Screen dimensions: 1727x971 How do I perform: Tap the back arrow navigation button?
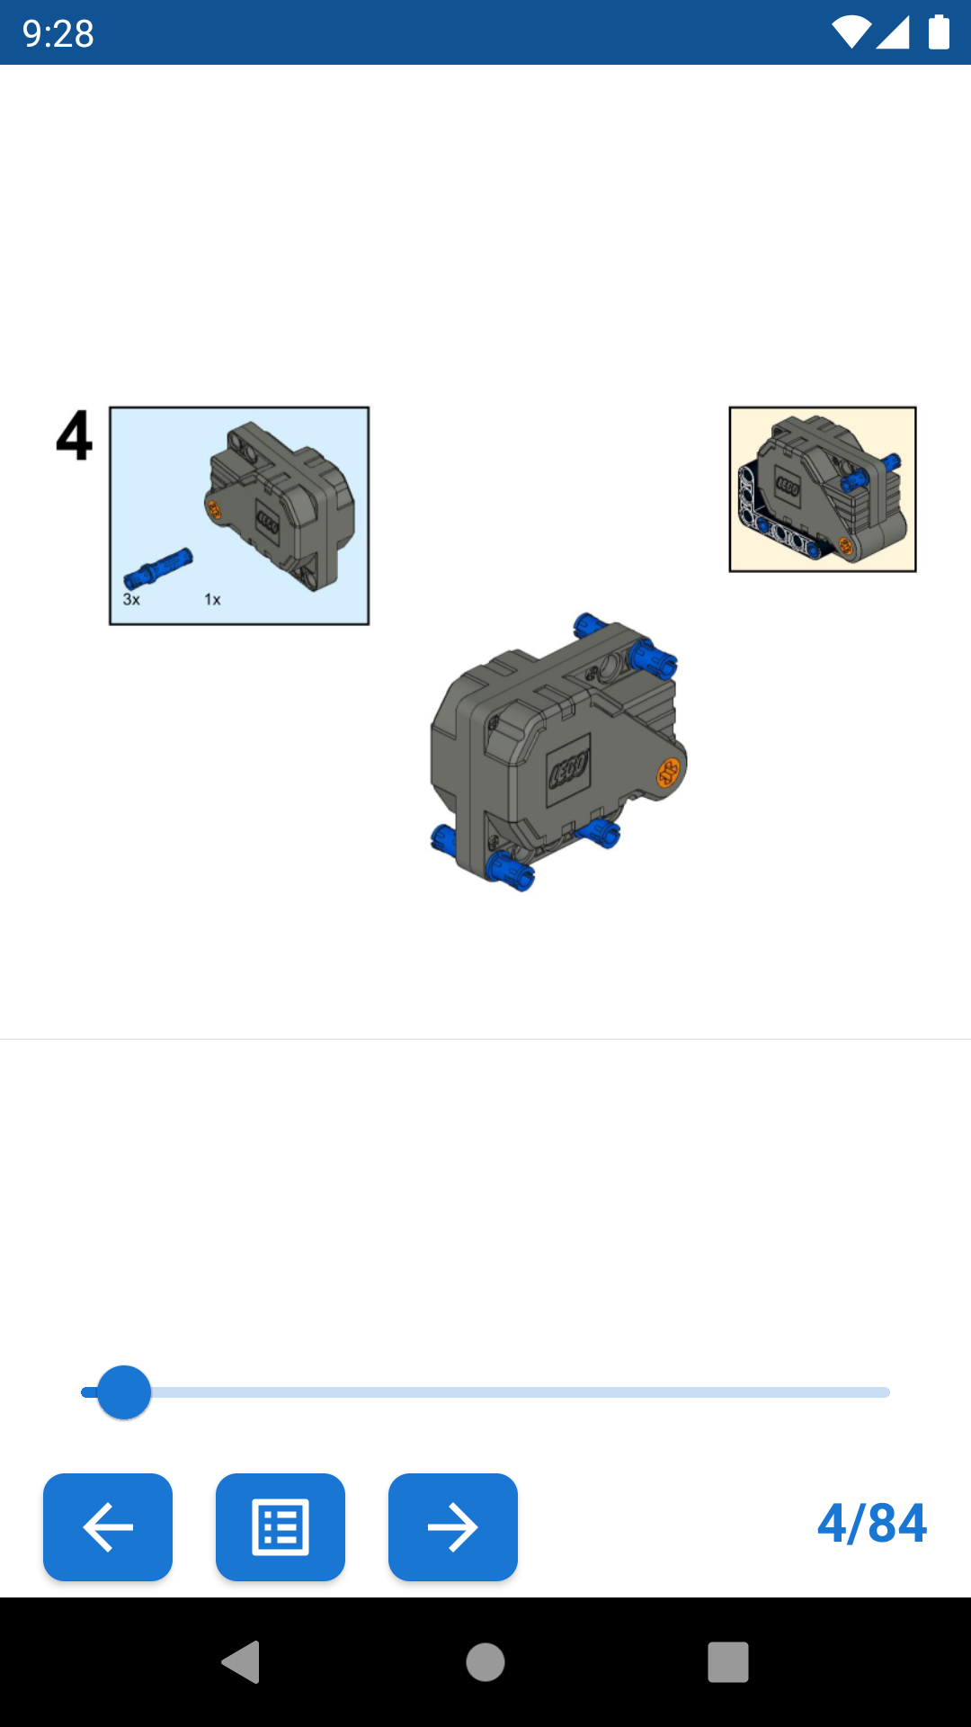click(108, 1526)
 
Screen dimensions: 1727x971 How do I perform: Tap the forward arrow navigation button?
click(452, 1526)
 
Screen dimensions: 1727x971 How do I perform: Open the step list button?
click(280, 1526)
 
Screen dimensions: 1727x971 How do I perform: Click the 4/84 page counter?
click(871, 1524)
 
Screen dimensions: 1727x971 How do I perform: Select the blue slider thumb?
click(124, 1392)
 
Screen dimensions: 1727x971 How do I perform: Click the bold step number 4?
click(75, 436)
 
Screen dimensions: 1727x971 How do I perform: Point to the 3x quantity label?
click(131, 599)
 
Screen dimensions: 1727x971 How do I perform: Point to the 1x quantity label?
click(212, 599)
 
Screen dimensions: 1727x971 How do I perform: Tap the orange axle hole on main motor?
click(668, 773)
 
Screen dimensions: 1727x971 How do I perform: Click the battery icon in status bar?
click(939, 32)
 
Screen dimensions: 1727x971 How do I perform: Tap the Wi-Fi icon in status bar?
click(851, 32)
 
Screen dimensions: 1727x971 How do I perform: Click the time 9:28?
click(58, 34)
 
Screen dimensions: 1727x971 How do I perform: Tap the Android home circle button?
click(485, 1661)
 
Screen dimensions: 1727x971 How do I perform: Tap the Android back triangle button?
click(241, 1661)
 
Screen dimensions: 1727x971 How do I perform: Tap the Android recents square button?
click(728, 1661)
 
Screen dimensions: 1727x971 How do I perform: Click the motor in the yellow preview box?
click(814, 486)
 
